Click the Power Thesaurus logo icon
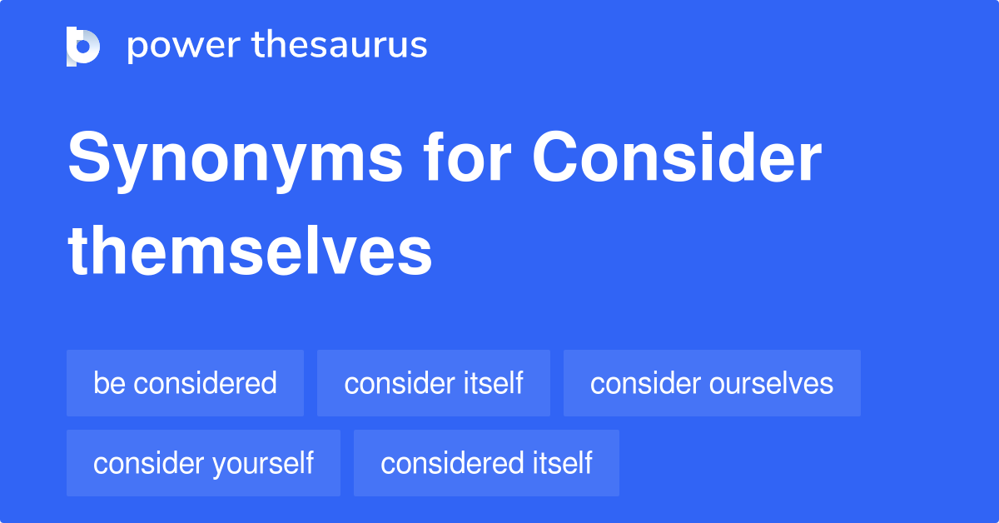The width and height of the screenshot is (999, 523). click(x=83, y=46)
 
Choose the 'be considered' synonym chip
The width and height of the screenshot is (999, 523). click(x=185, y=383)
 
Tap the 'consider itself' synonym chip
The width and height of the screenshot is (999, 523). click(x=433, y=383)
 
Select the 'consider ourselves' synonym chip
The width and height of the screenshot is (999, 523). click(x=712, y=383)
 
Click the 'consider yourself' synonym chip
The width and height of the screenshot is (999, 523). click(x=203, y=463)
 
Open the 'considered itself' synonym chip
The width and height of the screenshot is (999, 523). click(x=486, y=463)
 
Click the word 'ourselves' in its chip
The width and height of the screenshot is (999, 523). click(x=772, y=383)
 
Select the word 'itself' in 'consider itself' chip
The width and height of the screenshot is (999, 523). click(x=494, y=383)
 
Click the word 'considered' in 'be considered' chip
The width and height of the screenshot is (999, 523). click(x=205, y=383)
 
